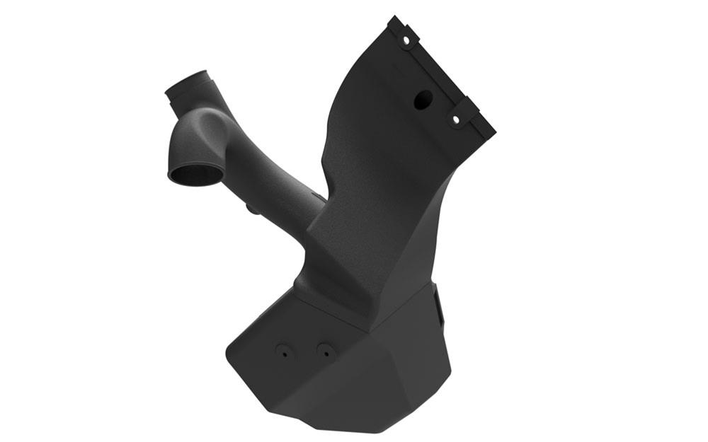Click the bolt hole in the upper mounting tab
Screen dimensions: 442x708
(x=406, y=41)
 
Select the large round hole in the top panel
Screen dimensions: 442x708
(x=423, y=100)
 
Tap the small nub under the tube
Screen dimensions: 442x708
(x=251, y=209)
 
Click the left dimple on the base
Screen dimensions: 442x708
(x=284, y=350)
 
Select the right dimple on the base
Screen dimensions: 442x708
(x=325, y=349)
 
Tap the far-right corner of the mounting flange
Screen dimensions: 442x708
(x=493, y=132)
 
